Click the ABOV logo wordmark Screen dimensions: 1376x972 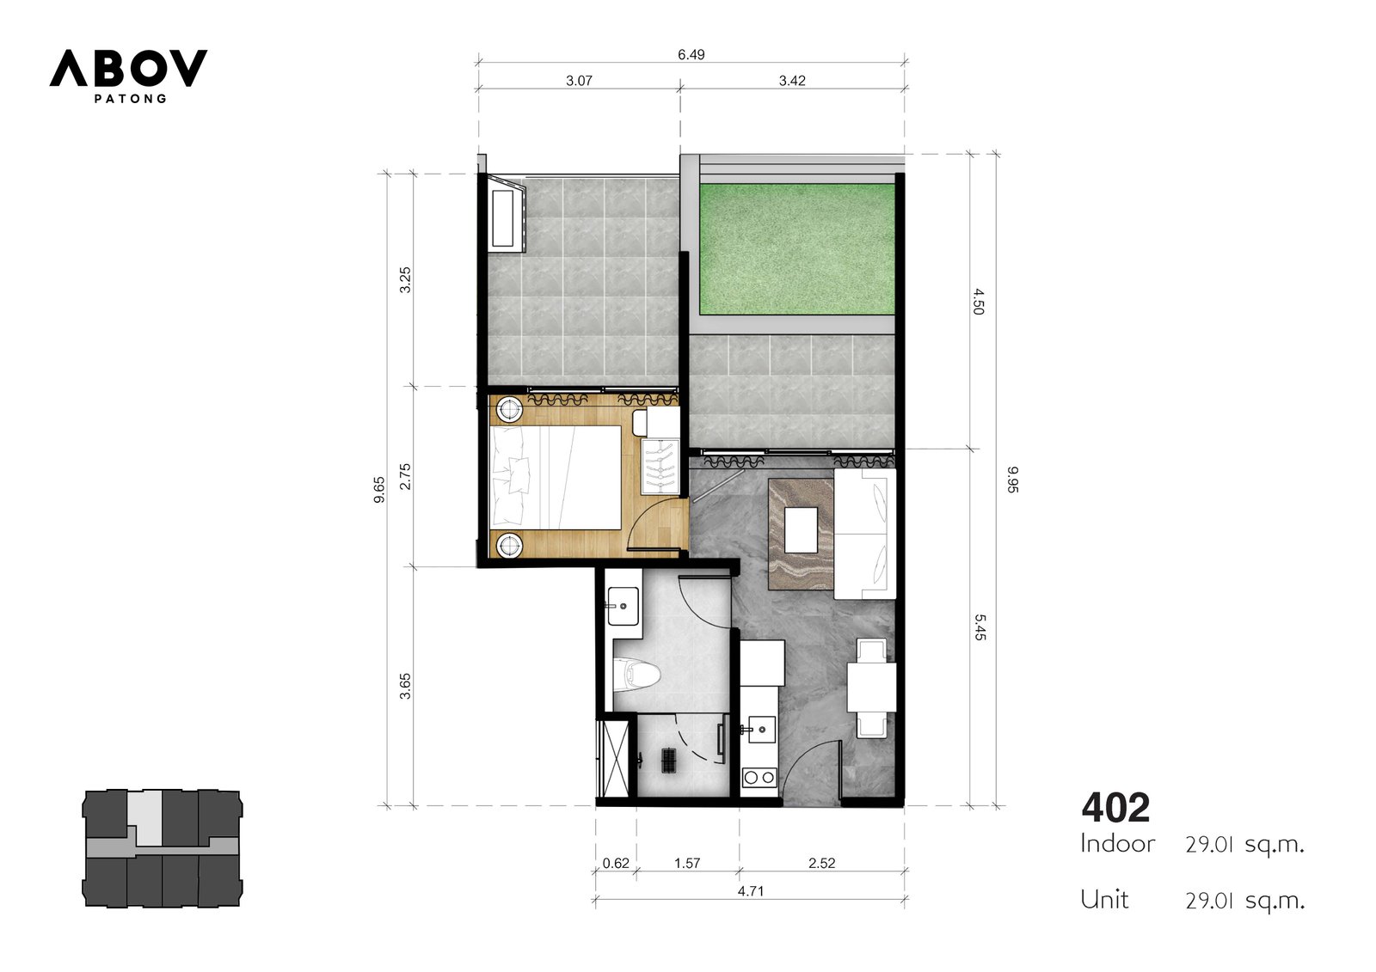(128, 68)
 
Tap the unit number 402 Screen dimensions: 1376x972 (1115, 808)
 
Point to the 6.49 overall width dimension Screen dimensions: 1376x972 (691, 55)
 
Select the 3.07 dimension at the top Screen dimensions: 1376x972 (579, 81)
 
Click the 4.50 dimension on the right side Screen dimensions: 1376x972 (979, 302)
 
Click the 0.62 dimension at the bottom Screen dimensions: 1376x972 (616, 863)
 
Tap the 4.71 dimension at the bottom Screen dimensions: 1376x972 (751, 891)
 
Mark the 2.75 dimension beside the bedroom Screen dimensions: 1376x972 (405, 476)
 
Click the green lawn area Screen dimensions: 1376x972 (796, 249)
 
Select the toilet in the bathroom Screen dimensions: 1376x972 (639, 676)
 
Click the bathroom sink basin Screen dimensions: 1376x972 (623, 606)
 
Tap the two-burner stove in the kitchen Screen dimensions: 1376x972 (759, 778)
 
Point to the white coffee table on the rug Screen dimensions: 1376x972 (801, 530)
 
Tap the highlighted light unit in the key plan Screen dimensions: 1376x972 (147, 817)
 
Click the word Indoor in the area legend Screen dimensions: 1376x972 (1118, 844)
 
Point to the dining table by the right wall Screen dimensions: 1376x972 (872, 687)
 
